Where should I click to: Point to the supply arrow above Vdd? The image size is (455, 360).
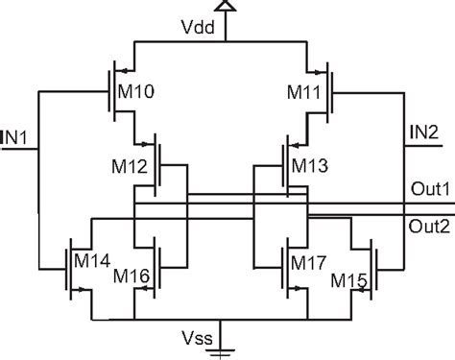click(x=227, y=7)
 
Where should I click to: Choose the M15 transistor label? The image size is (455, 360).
click(x=349, y=278)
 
